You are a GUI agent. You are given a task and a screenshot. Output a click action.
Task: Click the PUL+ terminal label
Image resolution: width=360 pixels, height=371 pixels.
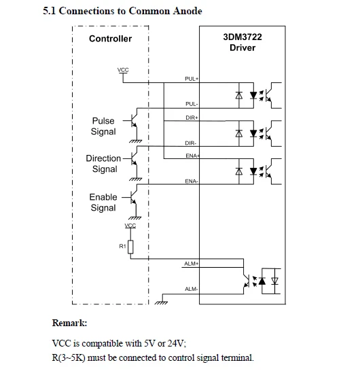pyautogui.click(x=192, y=79)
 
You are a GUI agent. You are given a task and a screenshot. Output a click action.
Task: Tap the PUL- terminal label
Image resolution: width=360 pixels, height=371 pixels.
pyautogui.click(x=192, y=104)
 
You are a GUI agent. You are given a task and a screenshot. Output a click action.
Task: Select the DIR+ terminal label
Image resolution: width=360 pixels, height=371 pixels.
pyautogui.click(x=192, y=118)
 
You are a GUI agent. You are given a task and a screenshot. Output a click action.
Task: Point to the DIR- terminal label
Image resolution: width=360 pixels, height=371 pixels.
pyautogui.click(x=191, y=143)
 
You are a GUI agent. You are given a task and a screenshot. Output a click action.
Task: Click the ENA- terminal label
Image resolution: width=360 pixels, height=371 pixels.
pyautogui.click(x=192, y=181)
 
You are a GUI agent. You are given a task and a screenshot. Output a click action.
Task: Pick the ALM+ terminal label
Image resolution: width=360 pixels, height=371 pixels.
pyautogui.click(x=191, y=264)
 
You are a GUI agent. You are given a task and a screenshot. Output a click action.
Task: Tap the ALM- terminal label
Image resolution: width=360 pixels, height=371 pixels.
pyautogui.click(x=191, y=289)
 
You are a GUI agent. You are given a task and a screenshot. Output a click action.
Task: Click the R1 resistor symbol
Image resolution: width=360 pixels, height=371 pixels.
pyautogui.click(x=130, y=247)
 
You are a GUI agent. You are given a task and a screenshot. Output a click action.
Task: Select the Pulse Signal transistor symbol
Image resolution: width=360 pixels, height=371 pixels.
pyautogui.click(x=133, y=121)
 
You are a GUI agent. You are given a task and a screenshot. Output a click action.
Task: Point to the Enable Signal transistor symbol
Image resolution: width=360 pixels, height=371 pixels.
pyautogui.click(x=133, y=197)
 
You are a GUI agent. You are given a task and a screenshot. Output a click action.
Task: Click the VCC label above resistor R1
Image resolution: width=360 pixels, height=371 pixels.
pyautogui.click(x=130, y=226)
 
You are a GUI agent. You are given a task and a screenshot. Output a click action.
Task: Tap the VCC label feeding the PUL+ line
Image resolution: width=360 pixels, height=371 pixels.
pyautogui.click(x=123, y=70)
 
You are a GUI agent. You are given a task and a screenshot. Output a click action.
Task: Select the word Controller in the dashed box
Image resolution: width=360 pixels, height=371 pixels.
pyautogui.click(x=111, y=39)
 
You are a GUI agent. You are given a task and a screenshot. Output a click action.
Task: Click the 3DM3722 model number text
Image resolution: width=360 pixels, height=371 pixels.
pyautogui.click(x=242, y=37)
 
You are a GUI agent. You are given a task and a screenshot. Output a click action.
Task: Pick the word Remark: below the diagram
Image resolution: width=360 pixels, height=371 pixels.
pyautogui.click(x=69, y=323)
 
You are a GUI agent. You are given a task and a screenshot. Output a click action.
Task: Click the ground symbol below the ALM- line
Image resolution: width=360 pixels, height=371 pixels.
pyautogui.click(x=161, y=302)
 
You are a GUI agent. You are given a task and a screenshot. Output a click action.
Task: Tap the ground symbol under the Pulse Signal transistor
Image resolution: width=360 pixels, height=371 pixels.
pyautogui.click(x=136, y=141)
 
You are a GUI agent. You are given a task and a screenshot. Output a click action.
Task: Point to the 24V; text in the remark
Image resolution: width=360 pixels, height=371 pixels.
pyautogui.click(x=177, y=343)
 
